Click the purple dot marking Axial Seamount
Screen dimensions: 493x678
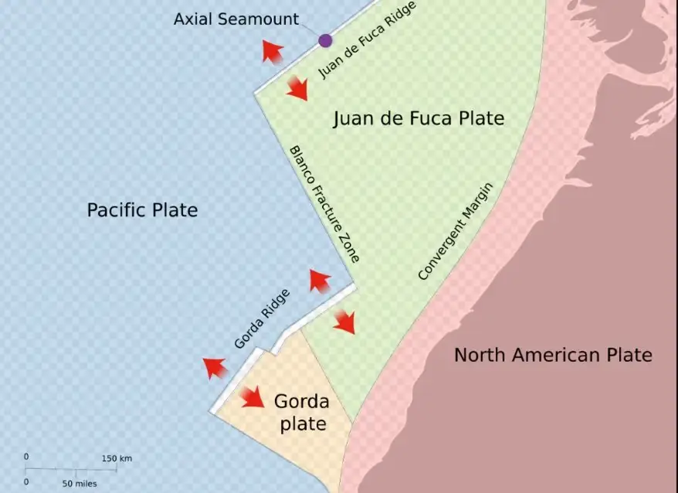[x=325, y=40]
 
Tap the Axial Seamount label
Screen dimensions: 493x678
[x=236, y=19]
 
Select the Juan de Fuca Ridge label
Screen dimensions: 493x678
[x=367, y=40]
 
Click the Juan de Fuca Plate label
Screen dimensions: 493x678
[x=419, y=118]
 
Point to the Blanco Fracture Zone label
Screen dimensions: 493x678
[x=324, y=205]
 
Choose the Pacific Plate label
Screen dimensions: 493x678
[x=142, y=209]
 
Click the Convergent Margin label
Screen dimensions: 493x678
[x=455, y=232]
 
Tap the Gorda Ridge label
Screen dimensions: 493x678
[x=262, y=318]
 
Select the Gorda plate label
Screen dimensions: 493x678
[x=301, y=413]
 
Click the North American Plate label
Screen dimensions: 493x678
[x=553, y=355]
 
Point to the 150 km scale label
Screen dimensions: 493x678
[x=117, y=458]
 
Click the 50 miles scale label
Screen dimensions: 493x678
[x=80, y=483]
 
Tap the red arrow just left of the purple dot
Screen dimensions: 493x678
[x=271, y=52]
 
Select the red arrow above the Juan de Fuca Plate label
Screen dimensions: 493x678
[x=297, y=87]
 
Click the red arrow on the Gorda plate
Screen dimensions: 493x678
[x=252, y=397]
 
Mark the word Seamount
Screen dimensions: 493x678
[x=263, y=19]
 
